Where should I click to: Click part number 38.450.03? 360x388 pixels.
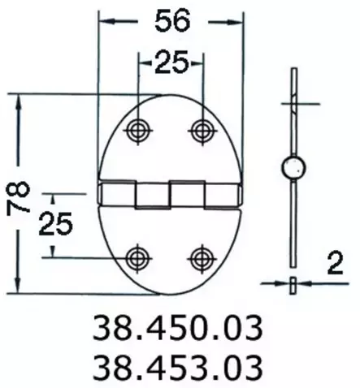pyautogui.click(x=178, y=329)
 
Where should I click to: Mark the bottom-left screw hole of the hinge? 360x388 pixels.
pyautogui.click(x=137, y=257)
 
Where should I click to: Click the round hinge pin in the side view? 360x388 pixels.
pyautogui.click(x=293, y=169)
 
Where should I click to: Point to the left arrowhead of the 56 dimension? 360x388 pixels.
pyautogui.click(x=104, y=23)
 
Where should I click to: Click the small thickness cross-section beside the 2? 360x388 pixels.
pyautogui.click(x=293, y=283)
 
